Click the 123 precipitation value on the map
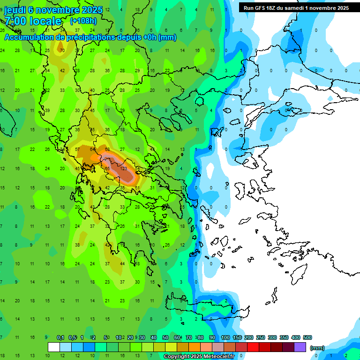pyautogui.click(x=124, y=168)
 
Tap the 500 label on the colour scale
pyautogui.click(x=307, y=337)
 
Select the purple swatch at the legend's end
pyautogui.click(x=300, y=347)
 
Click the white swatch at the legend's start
pyautogui.click(x=54, y=347)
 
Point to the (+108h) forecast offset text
pyautogui.click(x=83, y=21)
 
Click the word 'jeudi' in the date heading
pyautogui.click(x=16, y=9)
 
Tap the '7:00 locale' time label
pyautogui.click(x=33, y=21)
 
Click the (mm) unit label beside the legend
pyautogui.click(x=317, y=348)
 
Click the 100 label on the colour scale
pyautogui.click(x=225, y=337)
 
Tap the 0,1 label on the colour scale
pyautogui.click(x=60, y=337)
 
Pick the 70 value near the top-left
pyautogui.click(x=62, y=50)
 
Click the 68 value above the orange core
pyautogui.click(x=107, y=150)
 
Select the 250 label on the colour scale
pyautogui.click(x=260, y=337)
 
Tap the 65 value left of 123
pyautogui.click(x=107, y=168)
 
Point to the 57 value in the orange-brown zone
pyautogui.click(x=77, y=150)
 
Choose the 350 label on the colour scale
pyautogui.click(x=284, y=337)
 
